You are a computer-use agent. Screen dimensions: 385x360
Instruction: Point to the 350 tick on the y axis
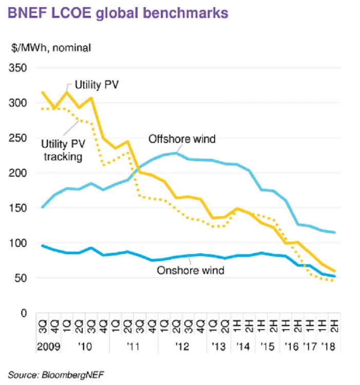pyautogui.click(x=20, y=68)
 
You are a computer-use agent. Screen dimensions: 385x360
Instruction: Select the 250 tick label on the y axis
pyautogui.click(x=20, y=138)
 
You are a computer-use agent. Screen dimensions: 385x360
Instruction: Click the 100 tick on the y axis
pyautogui.click(x=20, y=243)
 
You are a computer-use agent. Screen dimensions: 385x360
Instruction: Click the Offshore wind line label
pyautogui.click(x=182, y=139)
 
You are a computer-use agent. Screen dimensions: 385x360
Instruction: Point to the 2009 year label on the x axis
pyautogui.click(x=49, y=346)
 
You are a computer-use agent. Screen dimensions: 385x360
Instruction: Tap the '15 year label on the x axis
pyautogui.click(x=267, y=346)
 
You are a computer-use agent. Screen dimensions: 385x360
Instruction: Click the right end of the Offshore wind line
pyautogui.click(x=335, y=233)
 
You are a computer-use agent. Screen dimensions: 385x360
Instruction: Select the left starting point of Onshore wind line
pyautogui.click(x=42, y=245)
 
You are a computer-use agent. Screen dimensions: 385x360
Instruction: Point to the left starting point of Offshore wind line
pyautogui.click(x=42, y=207)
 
